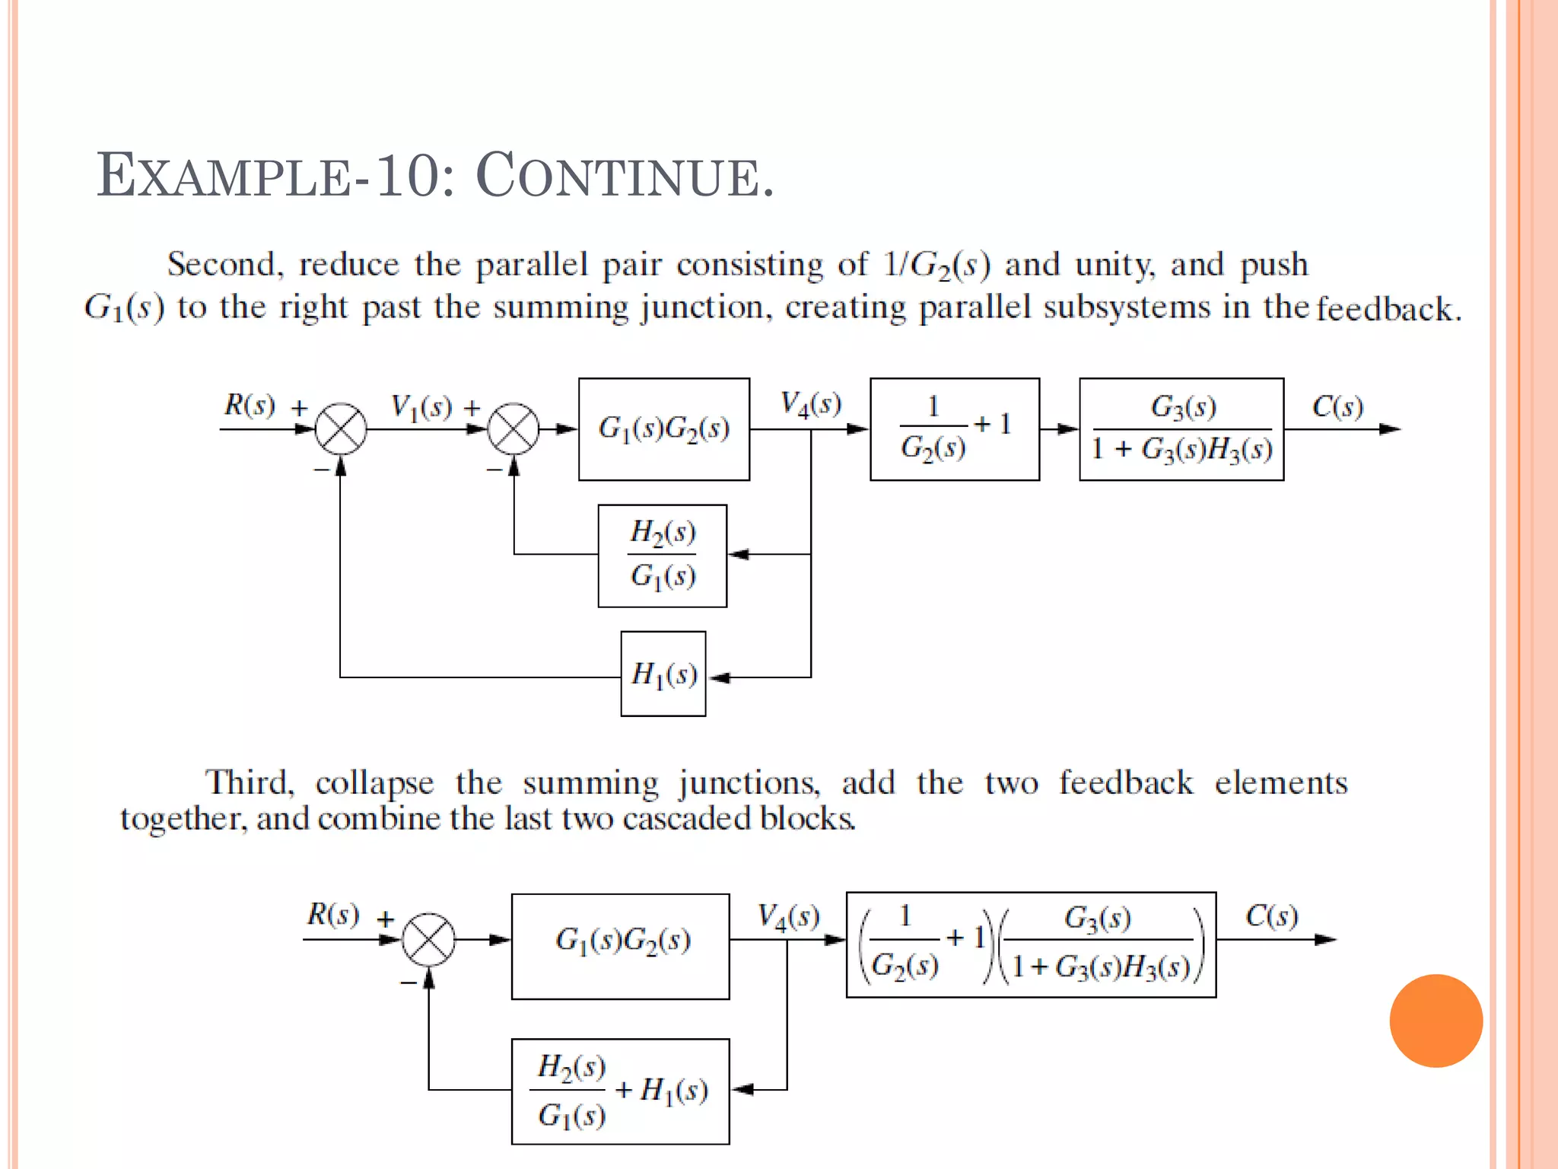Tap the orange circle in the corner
click(1436, 1021)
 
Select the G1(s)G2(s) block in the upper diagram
click(663, 429)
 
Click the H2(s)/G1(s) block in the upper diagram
click(662, 556)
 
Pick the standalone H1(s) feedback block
click(663, 674)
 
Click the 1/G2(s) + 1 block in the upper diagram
click(954, 429)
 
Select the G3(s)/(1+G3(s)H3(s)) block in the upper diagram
click(1181, 429)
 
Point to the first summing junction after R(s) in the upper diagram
click(341, 429)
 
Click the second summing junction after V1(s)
click(514, 429)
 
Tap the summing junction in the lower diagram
click(428, 940)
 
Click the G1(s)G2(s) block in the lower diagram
click(620, 946)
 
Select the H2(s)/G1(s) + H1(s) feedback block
click(620, 1091)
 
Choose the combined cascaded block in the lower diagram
click(1030, 944)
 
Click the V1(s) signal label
click(421, 407)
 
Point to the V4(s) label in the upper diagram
click(811, 403)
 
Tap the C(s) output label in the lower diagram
click(1270, 916)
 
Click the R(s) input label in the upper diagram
click(250, 404)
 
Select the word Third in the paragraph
click(249, 782)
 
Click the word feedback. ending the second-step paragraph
click(1388, 309)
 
